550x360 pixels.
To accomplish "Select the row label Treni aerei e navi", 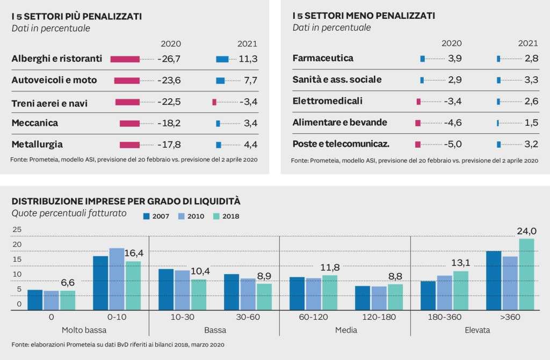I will (x=49, y=103).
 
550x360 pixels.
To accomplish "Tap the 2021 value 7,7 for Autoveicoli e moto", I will (x=251, y=81).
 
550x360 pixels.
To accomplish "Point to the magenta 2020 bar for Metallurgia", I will (x=129, y=145).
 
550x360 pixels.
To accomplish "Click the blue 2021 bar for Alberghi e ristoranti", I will (x=222, y=59).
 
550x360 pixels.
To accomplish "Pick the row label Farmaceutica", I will (x=323, y=58).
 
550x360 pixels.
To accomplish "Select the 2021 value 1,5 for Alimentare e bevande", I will (x=531, y=123).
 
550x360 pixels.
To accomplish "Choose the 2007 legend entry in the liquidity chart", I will (x=156, y=217).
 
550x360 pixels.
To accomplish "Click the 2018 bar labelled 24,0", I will (x=527, y=275).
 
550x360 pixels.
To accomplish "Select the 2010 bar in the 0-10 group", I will (x=117, y=279).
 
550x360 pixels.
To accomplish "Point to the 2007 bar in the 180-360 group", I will (x=428, y=296).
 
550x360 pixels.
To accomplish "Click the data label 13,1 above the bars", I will (x=461, y=262).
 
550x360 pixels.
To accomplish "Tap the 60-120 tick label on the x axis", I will (x=313, y=317).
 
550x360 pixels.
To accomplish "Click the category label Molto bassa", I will (x=84, y=330).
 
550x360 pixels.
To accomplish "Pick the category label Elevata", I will (x=477, y=330).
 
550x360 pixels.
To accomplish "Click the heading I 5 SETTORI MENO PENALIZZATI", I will (x=364, y=16).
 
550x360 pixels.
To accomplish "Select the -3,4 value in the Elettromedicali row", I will (x=451, y=101).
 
